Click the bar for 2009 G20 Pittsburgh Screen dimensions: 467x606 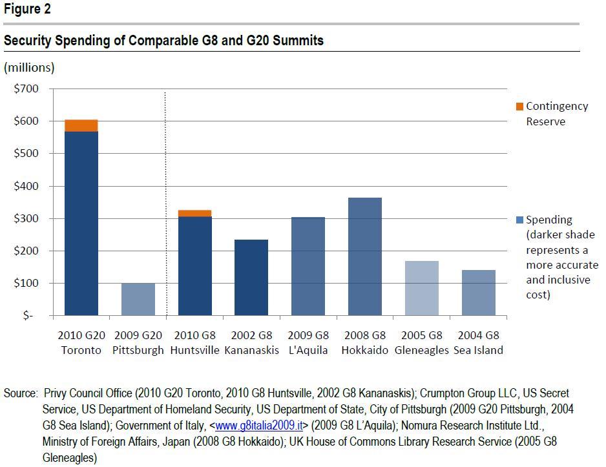tap(138, 299)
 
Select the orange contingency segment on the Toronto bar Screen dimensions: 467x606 tap(81, 125)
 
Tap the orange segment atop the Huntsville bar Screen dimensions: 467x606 tap(194, 213)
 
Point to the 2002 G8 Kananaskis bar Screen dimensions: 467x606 tap(251, 277)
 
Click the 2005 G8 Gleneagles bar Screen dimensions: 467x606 tap(421, 288)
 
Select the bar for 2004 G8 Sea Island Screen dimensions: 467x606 tap(478, 293)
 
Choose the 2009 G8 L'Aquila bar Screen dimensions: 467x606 tap(308, 266)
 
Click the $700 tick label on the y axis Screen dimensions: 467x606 tap(26, 88)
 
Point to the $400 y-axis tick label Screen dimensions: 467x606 tap(26, 186)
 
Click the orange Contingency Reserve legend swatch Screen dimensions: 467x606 tap(519, 106)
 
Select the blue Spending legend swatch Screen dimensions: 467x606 tap(519, 220)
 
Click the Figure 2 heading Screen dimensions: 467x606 tap(28, 9)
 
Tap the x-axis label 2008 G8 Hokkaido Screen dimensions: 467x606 tap(364, 342)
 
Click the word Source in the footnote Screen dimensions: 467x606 tap(20, 393)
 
